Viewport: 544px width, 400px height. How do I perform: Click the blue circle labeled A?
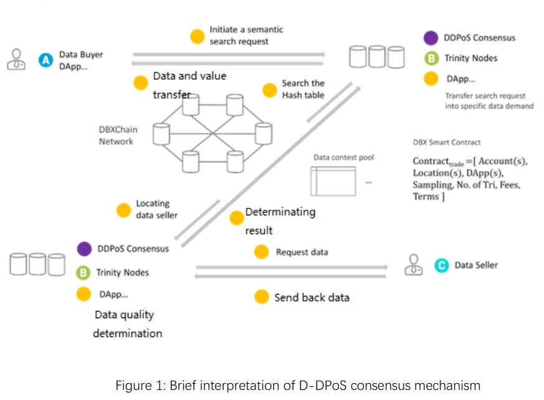tap(45, 60)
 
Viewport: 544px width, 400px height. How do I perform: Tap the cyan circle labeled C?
tap(441, 265)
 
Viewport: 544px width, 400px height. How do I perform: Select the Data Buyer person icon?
tap(16, 59)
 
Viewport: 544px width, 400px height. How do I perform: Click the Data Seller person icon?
tap(413, 265)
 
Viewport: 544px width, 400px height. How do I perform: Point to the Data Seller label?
tap(476, 265)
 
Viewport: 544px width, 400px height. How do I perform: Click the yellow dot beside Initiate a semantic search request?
tap(198, 36)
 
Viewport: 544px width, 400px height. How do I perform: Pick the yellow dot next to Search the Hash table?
tap(269, 90)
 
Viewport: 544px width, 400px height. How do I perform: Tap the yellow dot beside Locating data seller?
tap(124, 210)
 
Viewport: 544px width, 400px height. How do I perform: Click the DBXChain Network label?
tap(118, 135)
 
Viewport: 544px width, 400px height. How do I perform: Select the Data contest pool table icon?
tap(331, 181)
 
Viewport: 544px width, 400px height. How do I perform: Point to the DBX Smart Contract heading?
tap(446, 142)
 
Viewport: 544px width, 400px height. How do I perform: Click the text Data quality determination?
tap(127, 324)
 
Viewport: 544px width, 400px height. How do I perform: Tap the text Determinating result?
tap(280, 221)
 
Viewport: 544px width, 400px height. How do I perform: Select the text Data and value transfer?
tap(189, 85)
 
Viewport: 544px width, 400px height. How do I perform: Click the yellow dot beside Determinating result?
tap(236, 218)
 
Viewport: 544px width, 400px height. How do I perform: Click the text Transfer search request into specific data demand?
tap(489, 101)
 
